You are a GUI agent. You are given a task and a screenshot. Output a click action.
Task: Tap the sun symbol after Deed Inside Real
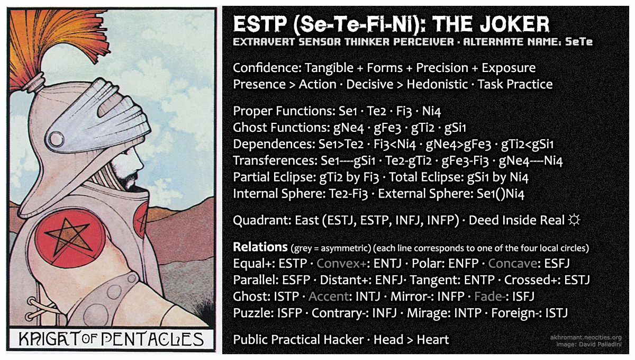(573, 220)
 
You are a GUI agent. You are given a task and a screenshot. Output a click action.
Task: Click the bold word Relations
(259, 247)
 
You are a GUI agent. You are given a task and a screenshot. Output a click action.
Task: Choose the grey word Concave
(510, 263)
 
